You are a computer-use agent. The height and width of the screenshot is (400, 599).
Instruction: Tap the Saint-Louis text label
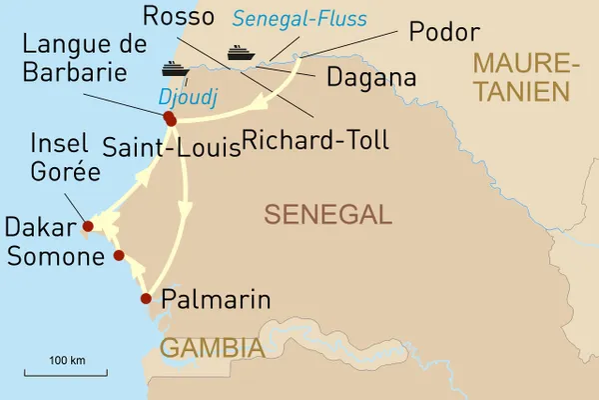(x=172, y=149)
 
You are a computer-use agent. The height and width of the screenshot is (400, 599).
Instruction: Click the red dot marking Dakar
(x=88, y=227)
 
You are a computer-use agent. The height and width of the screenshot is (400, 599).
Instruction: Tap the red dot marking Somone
(x=119, y=256)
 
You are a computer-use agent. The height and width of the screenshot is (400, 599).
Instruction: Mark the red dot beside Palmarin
(x=146, y=298)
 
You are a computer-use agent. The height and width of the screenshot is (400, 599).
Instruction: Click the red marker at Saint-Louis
(x=170, y=119)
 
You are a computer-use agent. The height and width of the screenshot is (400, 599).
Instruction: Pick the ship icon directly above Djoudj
(x=175, y=69)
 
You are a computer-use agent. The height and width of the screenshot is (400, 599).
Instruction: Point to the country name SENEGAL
(x=326, y=214)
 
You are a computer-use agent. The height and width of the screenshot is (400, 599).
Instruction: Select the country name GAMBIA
(x=212, y=348)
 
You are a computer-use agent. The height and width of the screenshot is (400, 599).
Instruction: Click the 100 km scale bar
(x=66, y=374)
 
